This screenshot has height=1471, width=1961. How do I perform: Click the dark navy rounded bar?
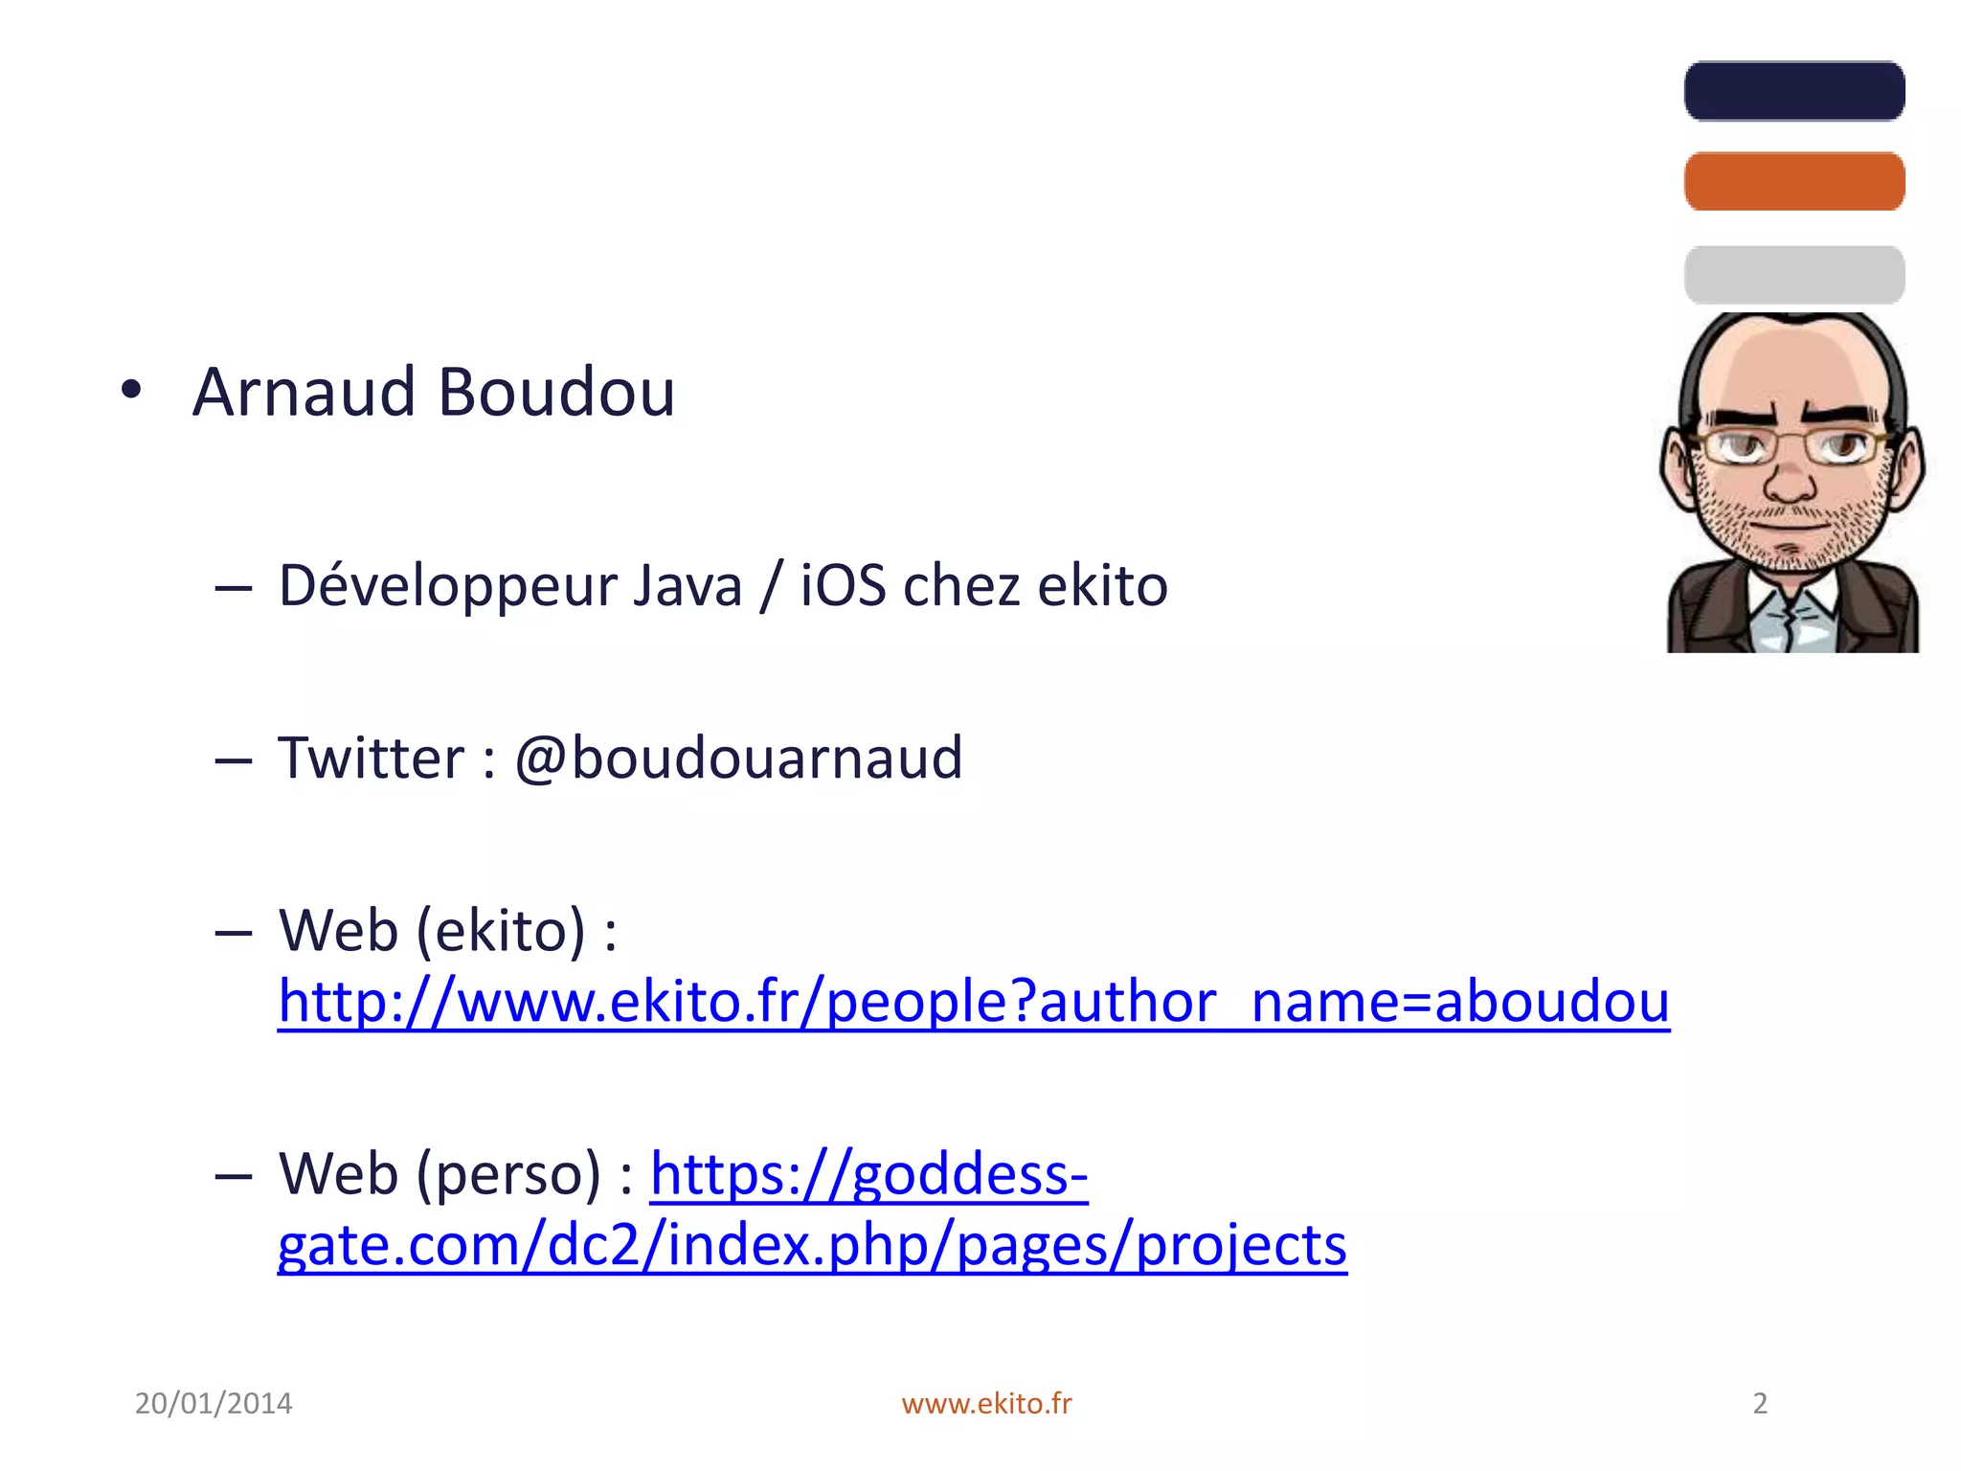[1793, 91]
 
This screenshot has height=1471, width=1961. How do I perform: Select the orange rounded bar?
[1793, 181]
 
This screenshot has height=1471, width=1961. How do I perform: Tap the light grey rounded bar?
[1793, 275]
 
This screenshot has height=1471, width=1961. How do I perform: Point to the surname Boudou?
[556, 393]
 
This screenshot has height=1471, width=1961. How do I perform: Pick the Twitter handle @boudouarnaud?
[738, 758]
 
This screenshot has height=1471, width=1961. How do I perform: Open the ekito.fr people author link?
[973, 1002]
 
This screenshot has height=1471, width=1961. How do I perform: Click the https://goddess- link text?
[868, 1174]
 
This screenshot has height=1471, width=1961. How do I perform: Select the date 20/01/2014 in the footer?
[214, 1403]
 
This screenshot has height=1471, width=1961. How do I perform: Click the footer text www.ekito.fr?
[986, 1403]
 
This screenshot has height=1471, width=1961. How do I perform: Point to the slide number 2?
[1760, 1403]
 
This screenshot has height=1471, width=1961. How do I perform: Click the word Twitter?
[371, 758]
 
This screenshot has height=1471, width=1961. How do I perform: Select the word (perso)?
[507, 1174]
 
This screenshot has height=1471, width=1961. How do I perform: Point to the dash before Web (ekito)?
[234, 933]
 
